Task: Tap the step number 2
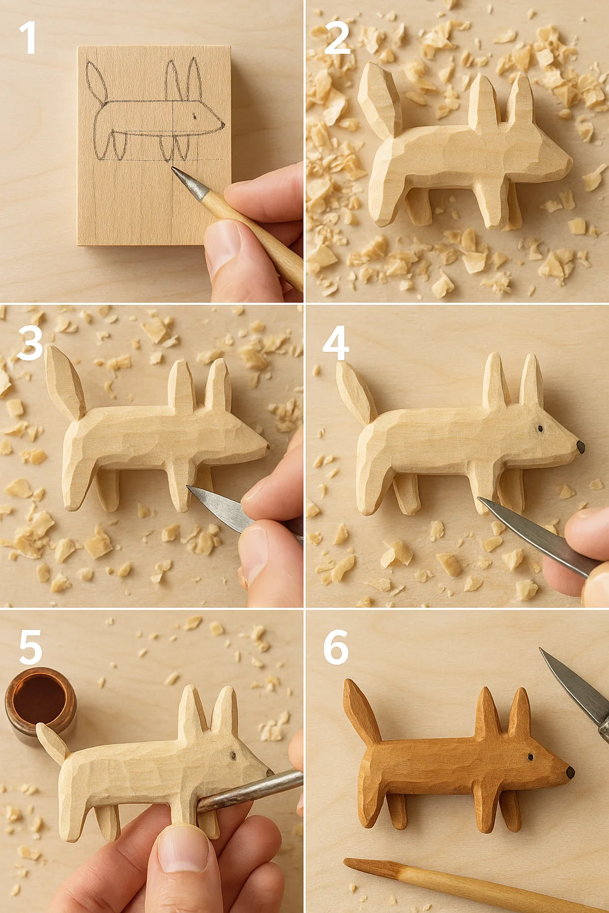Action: pyautogui.click(x=337, y=38)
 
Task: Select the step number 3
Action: pyautogui.click(x=30, y=343)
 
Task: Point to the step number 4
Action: pyautogui.click(x=335, y=343)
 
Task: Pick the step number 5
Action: pyautogui.click(x=30, y=647)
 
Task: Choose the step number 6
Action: pyautogui.click(x=335, y=647)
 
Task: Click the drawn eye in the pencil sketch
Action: pyautogui.click(x=194, y=116)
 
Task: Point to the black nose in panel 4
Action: pyautogui.click(x=581, y=447)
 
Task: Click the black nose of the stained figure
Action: pyautogui.click(x=570, y=772)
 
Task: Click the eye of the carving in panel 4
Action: pyautogui.click(x=541, y=429)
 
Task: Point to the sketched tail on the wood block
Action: pyautogui.click(x=96, y=82)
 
